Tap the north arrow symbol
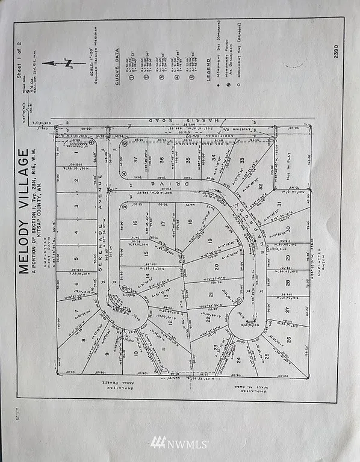[61, 63]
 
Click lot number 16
[137, 223]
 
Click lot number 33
[242, 161]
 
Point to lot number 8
[82, 340]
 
